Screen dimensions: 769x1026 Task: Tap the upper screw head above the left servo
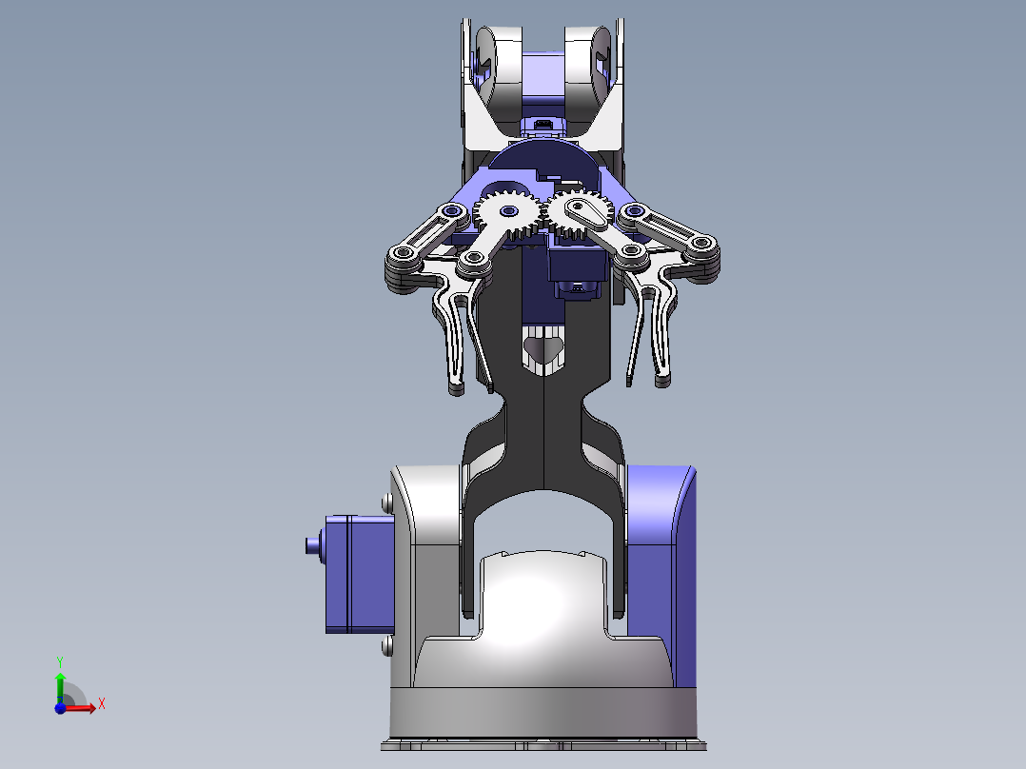[x=386, y=502]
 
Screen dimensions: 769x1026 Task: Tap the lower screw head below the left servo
[x=386, y=647]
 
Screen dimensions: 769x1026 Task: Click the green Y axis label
[x=59, y=660]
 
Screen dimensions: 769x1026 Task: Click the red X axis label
[x=101, y=704]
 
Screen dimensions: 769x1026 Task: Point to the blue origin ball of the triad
[x=60, y=707]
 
